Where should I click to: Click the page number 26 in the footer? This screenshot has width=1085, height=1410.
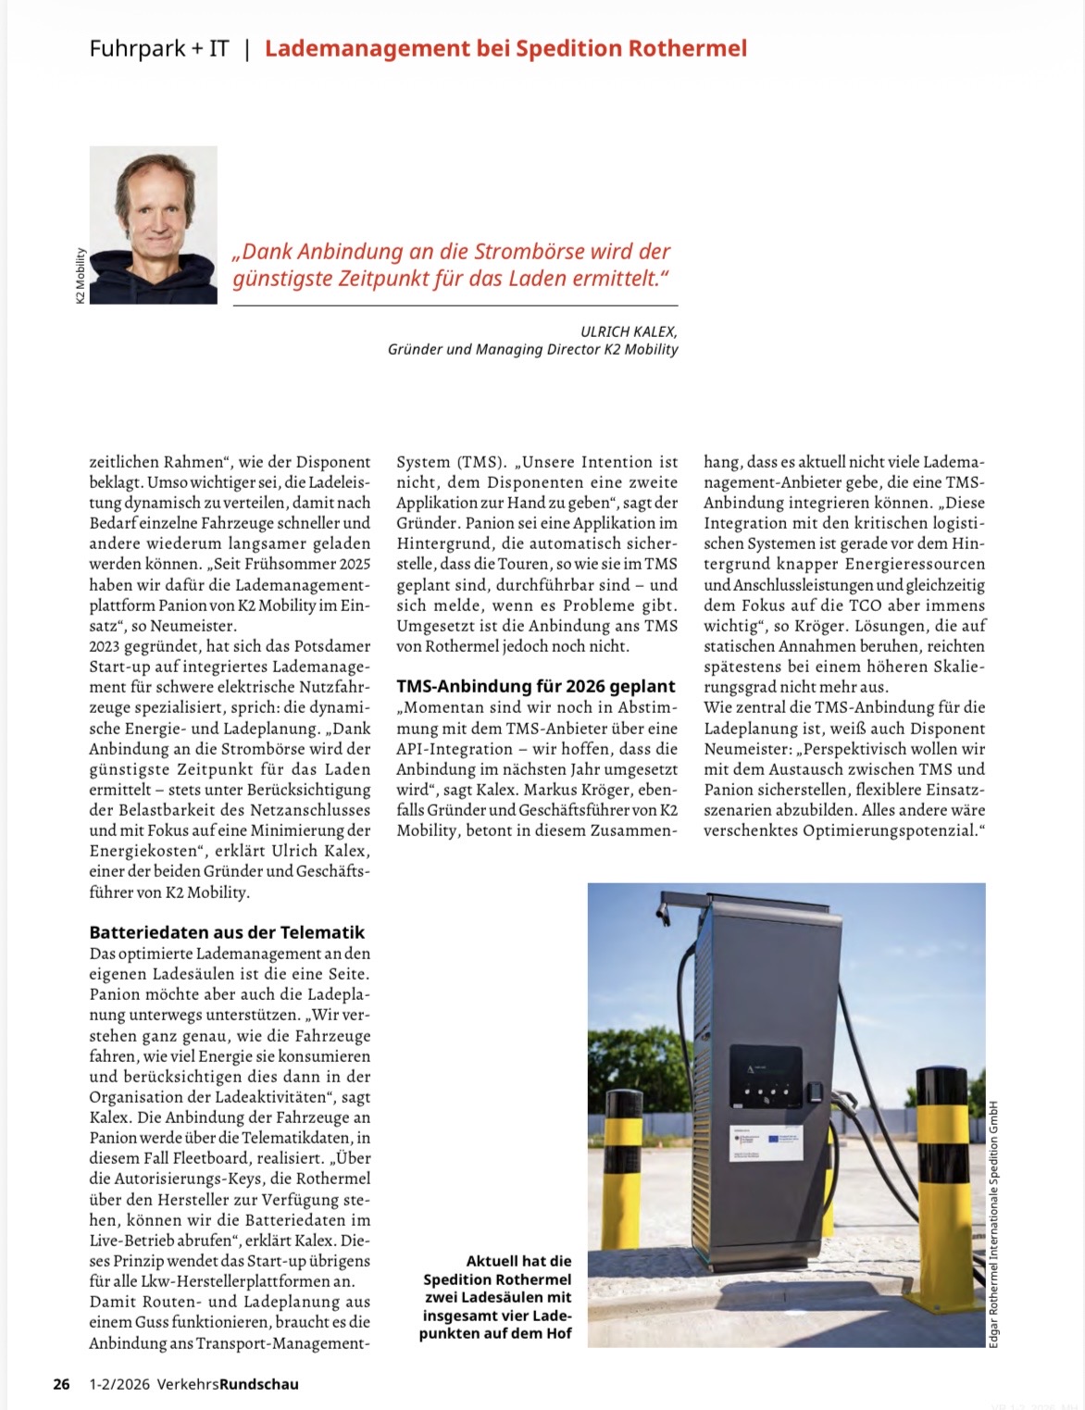tap(61, 1384)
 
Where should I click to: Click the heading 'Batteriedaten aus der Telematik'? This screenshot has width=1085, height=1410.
tap(227, 932)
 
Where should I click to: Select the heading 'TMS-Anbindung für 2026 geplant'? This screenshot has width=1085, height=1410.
tap(536, 686)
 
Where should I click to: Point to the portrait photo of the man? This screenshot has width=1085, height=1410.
tap(153, 224)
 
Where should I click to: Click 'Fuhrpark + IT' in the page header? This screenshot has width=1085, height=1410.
tap(159, 48)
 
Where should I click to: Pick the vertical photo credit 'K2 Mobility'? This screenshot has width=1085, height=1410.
tap(81, 275)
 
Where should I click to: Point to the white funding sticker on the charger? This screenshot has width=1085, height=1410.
tap(767, 1143)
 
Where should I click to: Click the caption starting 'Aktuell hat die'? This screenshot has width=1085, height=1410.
tap(496, 1296)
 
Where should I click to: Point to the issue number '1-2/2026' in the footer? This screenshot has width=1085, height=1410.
tap(118, 1384)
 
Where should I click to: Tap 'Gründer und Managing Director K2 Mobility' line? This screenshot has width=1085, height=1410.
tap(532, 350)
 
